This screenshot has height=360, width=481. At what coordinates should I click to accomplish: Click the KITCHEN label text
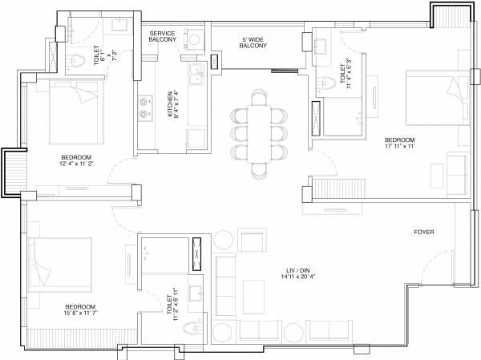pyautogui.click(x=173, y=104)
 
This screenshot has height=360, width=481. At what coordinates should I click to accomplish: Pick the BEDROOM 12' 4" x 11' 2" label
pyautogui.click(x=76, y=160)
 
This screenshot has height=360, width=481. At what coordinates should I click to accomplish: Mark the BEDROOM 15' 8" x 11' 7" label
pyautogui.click(x=81, y=311)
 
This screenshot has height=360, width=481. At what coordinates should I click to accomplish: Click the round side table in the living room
pyautogui.click(x=224, y=241)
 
